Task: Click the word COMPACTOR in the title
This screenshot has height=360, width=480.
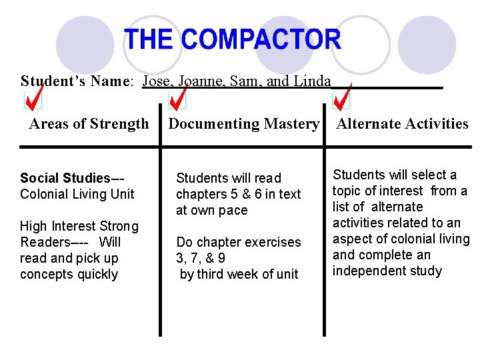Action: point(261,40)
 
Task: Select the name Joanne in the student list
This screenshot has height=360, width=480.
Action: point(205,81)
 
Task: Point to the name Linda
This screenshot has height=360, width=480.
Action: point(311,81)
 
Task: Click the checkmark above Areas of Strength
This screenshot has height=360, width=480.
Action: point(33,99)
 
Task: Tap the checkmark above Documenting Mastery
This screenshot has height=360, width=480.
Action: point(177,99)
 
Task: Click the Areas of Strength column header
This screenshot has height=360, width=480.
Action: point(89,124)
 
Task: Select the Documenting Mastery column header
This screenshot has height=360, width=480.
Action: point(243,124)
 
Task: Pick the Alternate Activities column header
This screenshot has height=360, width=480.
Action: point(403,124)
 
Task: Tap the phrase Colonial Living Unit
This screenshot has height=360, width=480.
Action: point(77,194)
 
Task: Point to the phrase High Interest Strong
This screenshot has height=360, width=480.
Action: point(79,227)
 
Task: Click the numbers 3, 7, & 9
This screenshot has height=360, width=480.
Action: point(201,258)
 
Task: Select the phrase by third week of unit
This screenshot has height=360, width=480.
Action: point(239,274)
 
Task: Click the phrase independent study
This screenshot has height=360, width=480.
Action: point(387,271)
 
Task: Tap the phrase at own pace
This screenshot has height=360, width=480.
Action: point(211,210)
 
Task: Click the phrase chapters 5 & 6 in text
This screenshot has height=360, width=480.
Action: point(239,194)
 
